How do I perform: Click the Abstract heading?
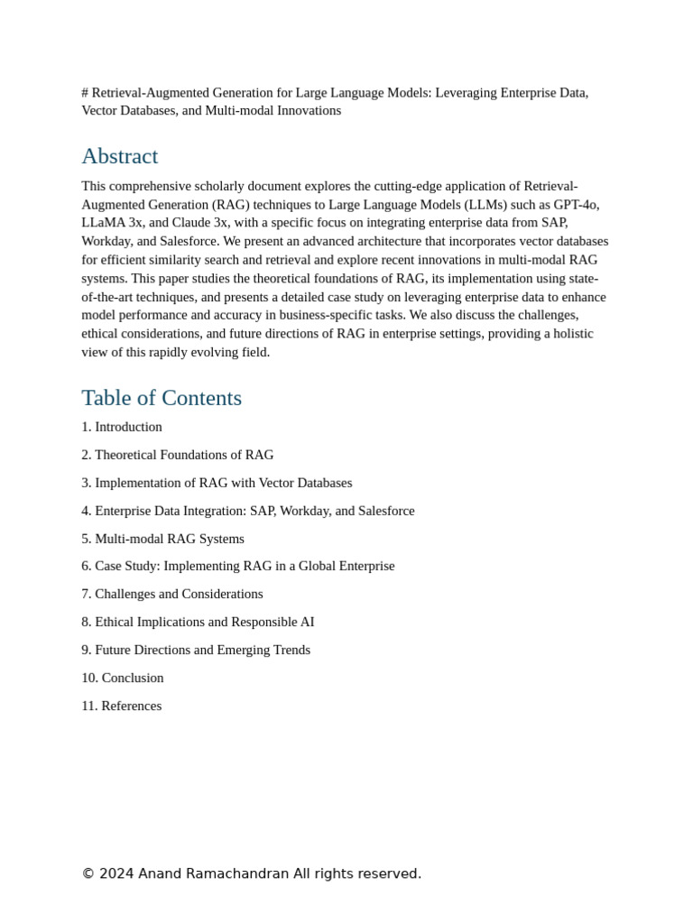click(119, 156)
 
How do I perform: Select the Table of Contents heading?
click(162, 398)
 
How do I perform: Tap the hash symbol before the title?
click(85, 92)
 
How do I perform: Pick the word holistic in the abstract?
click(569, 334)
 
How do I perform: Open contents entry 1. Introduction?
click(122, 427)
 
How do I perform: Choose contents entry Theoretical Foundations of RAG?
click(184, 455)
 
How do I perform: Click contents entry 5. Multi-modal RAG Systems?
click(162, 539)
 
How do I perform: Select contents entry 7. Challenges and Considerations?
click(172, 594)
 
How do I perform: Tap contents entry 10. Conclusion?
click(123, 678)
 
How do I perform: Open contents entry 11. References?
click(122, 706)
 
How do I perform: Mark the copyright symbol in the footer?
click(88, 873)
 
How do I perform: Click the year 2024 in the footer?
click(116, 873)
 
